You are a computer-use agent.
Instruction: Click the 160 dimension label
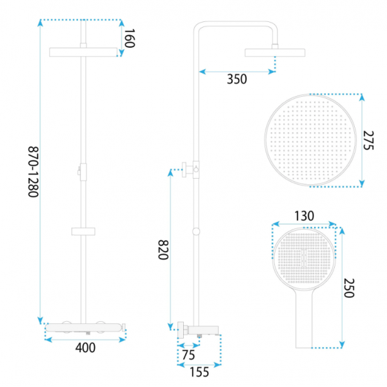tap(130, 38)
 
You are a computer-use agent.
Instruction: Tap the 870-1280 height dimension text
tap(33, 172)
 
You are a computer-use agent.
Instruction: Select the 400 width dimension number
tap(85, 348)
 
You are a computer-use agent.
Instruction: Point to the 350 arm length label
tap(237, 79)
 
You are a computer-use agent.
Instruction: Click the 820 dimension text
tap(163, 250)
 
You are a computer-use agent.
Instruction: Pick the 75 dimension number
tap(188, 355)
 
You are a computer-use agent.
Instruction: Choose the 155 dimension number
tap(199, 372)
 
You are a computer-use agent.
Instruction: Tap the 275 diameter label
tap(369, 140)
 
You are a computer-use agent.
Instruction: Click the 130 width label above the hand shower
tap(304, 216)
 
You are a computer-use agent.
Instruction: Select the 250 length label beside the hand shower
tap(349, 288)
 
